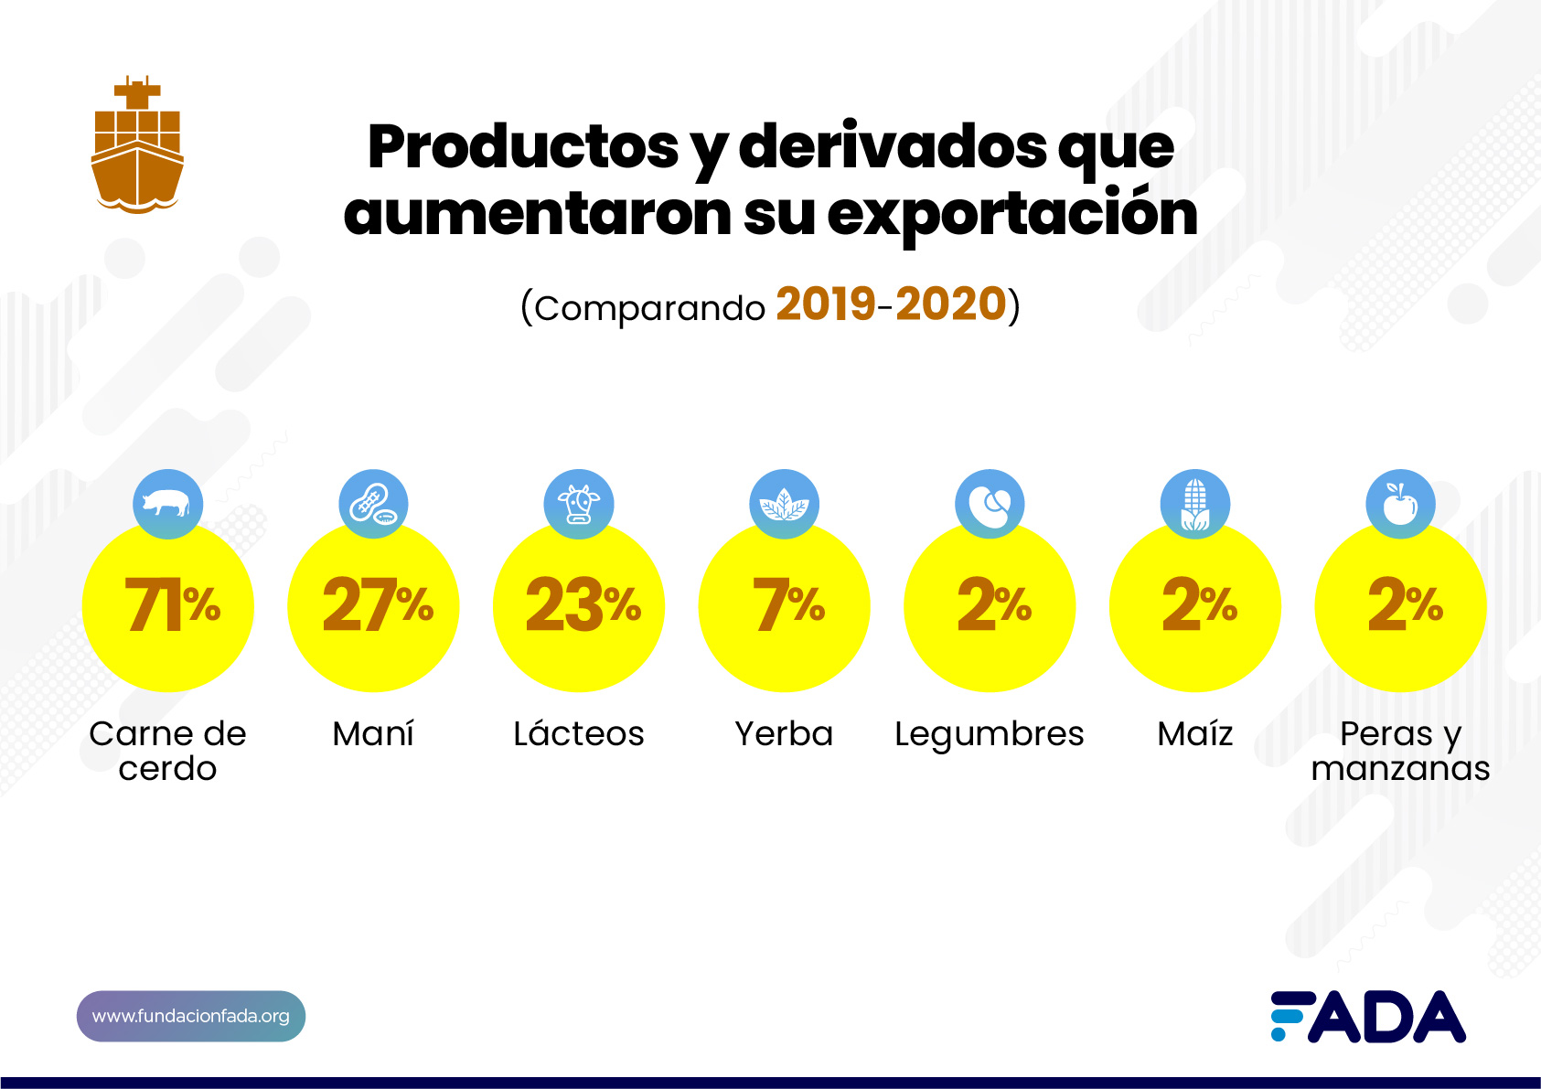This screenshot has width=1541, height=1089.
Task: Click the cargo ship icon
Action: tap(137, 146)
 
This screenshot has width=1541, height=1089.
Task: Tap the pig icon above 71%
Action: tap(167, 503)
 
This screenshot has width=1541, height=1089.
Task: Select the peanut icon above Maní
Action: tap(373, 504)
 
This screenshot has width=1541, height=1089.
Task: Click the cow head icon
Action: tap(578, 504)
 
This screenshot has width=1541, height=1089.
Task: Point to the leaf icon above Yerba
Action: tap(784, 504)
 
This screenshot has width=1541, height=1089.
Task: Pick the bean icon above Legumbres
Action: tap(990, 504)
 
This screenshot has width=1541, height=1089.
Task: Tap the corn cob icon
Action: tap(1194, 504)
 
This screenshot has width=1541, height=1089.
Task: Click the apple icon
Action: tap(1400, 504)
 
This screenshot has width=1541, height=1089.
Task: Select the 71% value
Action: tap(171, 605)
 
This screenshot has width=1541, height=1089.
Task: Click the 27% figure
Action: tap(377, 605)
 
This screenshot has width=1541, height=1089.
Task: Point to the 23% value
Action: tap(583, 605)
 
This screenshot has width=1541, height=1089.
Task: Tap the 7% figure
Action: tap(787, 605)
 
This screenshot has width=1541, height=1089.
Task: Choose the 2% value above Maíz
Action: tap(1199, 605)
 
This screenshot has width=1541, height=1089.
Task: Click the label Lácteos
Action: tap(578, 733)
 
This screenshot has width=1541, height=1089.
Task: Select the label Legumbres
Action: tap(990, 734)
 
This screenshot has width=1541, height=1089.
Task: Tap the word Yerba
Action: tap(784, 733)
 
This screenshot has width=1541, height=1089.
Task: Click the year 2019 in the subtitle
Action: tap(826, 304)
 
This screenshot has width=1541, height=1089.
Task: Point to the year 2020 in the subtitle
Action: tap(950, 304)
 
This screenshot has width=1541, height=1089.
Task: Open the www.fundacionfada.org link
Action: tap(190, 1016)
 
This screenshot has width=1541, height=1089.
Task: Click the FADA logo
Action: tap(1368, 1016)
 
